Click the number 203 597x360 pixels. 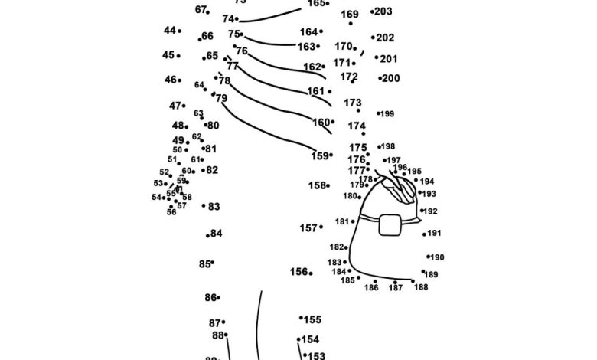(x=384, y=11)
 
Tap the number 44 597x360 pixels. (x=169, y=31)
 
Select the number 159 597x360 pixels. (x=319, y=156)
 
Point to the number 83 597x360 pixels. (x=214, y=207)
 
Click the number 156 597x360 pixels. (x=298, y=272)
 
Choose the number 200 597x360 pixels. (x=391, y=78)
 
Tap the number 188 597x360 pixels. (x=421, y=287)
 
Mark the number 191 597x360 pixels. (x=435, y=234)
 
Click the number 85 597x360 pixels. (x=204, y=264)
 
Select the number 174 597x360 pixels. (x=357, y=126)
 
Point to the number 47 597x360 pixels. (x=175, y=106)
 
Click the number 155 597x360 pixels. (x=313, y=320)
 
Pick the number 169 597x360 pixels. (x=350, y=15)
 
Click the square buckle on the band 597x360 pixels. (x=390, y=224)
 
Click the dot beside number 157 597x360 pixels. (x=321, y=227)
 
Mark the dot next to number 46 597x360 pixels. (x=180, y=80)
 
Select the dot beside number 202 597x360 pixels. (x=373, y=37)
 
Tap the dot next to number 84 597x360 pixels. (x=207, y=235)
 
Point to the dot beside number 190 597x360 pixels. (x=428, y=257)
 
